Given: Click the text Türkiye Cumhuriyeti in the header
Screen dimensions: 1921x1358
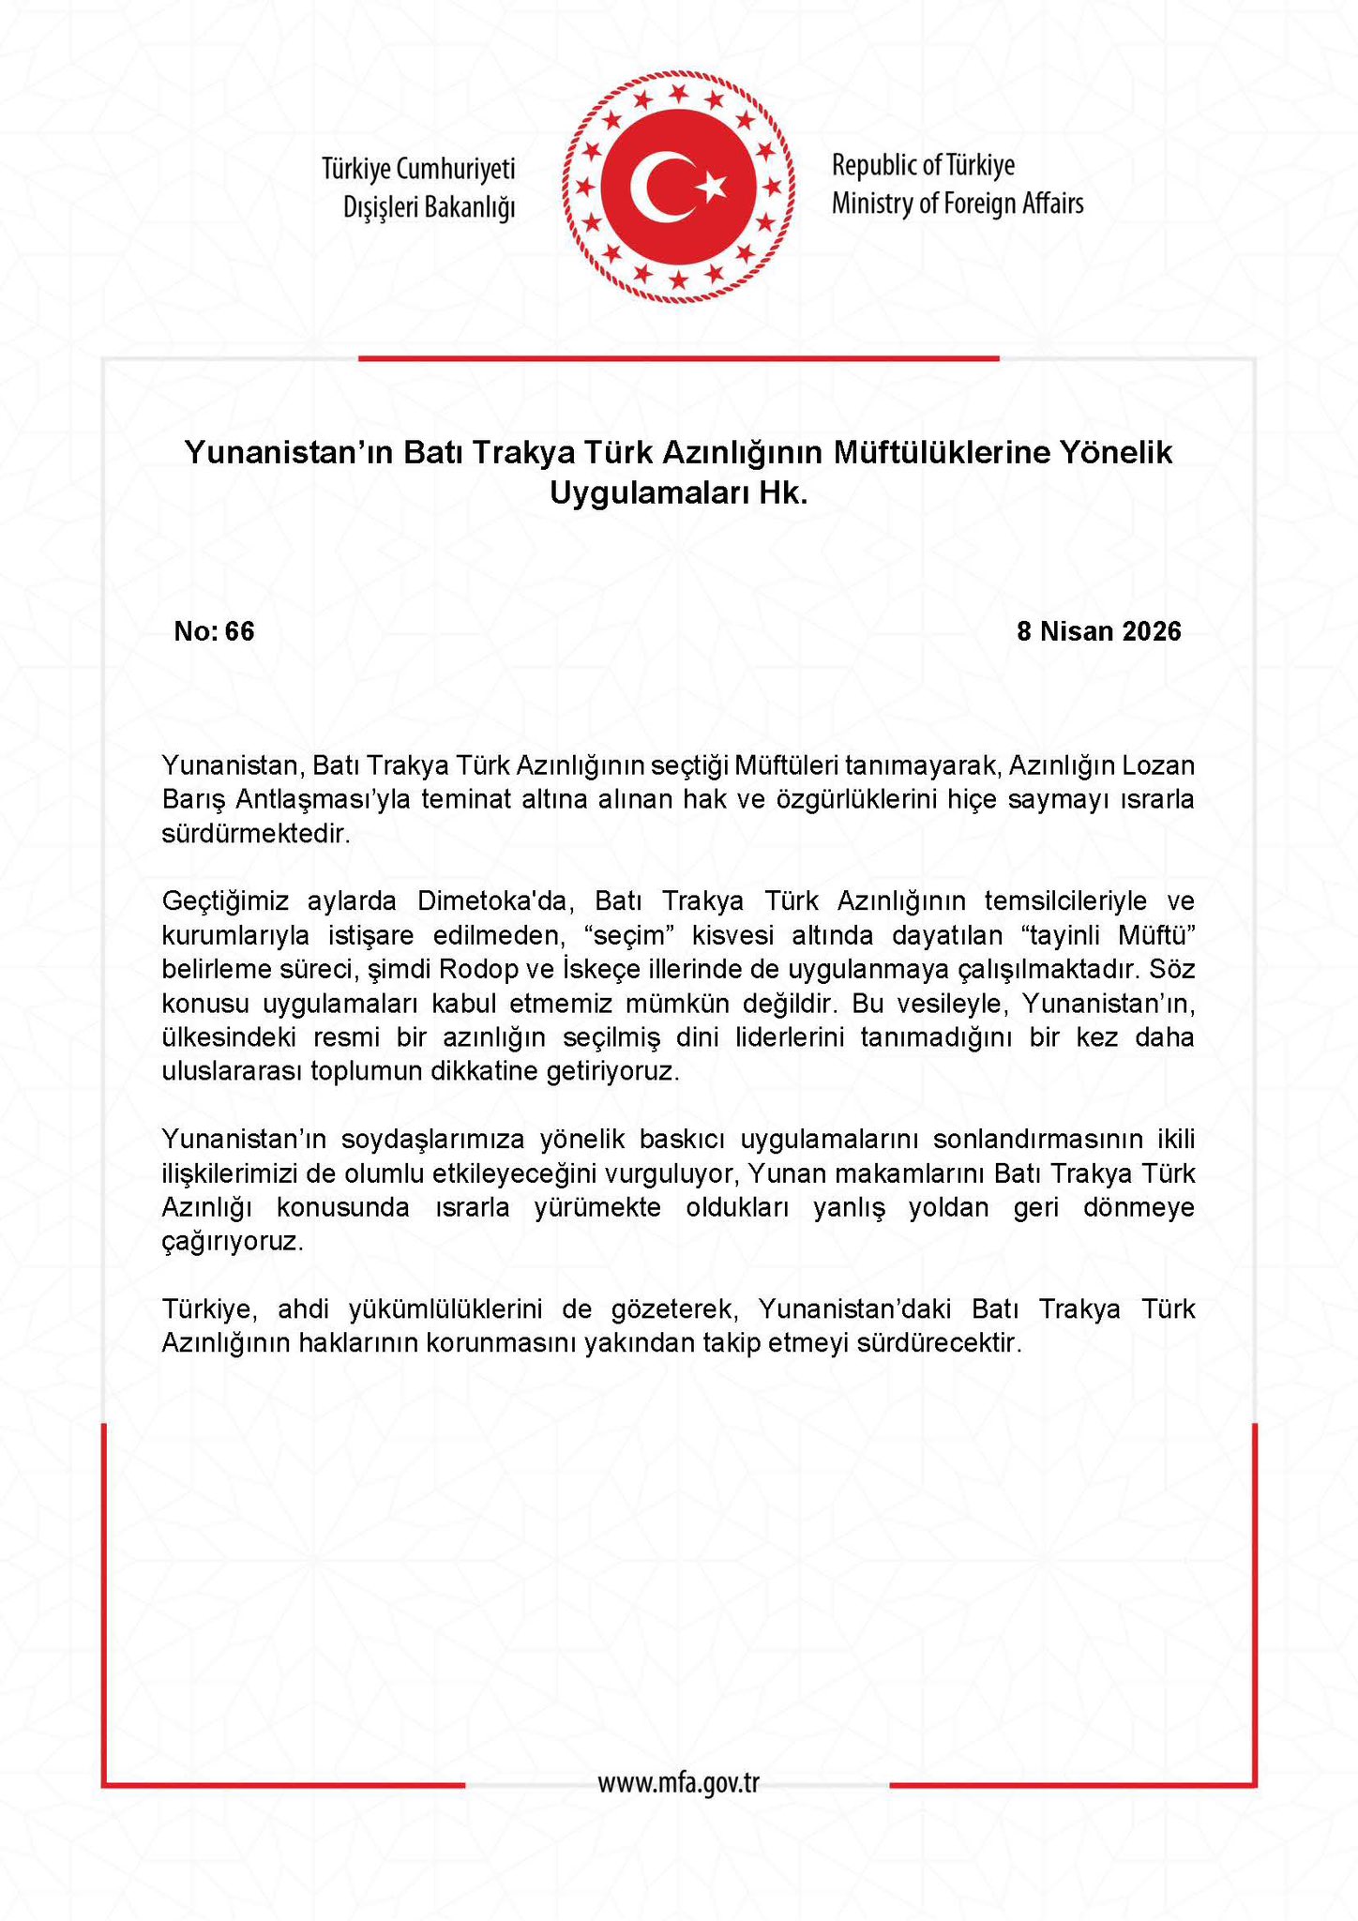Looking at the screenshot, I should click(418, 169).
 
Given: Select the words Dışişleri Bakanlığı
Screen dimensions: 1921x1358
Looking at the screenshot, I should click(430, 207).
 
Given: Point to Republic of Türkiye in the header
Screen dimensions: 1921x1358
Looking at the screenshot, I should click(923, 166).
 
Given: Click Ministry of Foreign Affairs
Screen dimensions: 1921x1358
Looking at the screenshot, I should click(957, 204).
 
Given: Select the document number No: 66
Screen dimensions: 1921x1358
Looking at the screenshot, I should click(214, 631).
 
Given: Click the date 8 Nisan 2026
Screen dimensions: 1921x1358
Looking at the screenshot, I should click(1099, 631).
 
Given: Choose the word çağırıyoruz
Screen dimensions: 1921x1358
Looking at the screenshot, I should click(233, 1242).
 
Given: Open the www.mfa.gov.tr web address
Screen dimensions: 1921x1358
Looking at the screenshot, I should click(678, 1782).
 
